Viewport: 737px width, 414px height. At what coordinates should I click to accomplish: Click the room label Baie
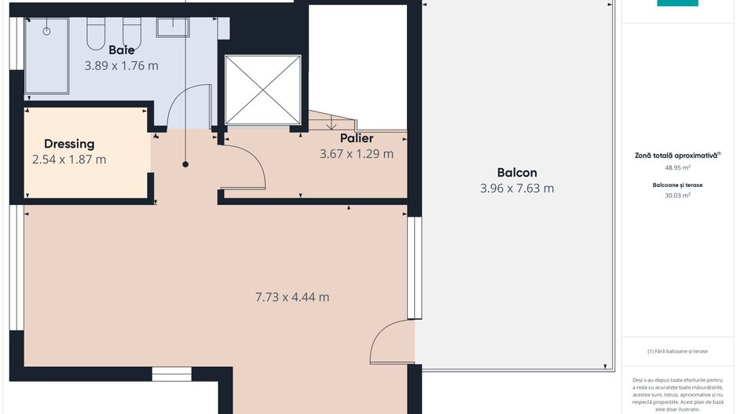(x=121, y=49)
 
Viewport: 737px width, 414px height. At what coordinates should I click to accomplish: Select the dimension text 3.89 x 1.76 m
(x=121, y=66)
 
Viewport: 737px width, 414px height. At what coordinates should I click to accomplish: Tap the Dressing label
(x=69, y=144)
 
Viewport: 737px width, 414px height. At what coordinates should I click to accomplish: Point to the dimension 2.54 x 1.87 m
(x=69, y=159)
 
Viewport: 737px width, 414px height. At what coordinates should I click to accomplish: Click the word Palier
(x=356, y=138)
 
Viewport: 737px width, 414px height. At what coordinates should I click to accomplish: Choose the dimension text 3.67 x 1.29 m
(x=356, y=154)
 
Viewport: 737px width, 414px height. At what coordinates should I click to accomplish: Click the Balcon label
(x=516, y=172)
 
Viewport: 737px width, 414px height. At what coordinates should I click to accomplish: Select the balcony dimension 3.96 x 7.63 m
(x=516, y=188)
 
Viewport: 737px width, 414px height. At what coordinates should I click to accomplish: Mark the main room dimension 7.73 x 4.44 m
(x=291, y=297)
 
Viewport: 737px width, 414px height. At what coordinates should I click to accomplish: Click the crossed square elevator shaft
(x=262, y=90)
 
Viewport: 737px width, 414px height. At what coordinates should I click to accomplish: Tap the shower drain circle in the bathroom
(x=46, y=31)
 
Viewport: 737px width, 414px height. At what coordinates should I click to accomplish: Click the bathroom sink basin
(x=172, y=27)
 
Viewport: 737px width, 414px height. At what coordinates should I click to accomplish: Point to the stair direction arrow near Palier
(x=331, y=123)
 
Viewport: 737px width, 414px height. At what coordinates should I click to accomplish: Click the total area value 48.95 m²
(x=676, y=167)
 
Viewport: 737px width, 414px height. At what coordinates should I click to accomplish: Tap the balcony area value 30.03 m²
(x=676, y=196)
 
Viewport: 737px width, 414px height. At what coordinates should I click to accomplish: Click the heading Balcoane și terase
(x=676, y=185)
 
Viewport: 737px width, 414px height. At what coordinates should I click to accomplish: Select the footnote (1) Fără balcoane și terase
(x=677, y=350)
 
